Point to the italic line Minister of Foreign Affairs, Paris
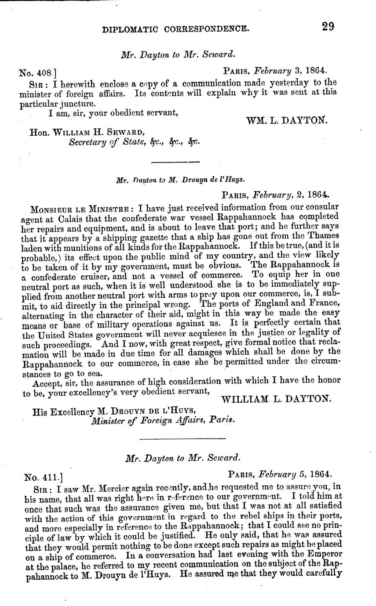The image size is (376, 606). [163, 420]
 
